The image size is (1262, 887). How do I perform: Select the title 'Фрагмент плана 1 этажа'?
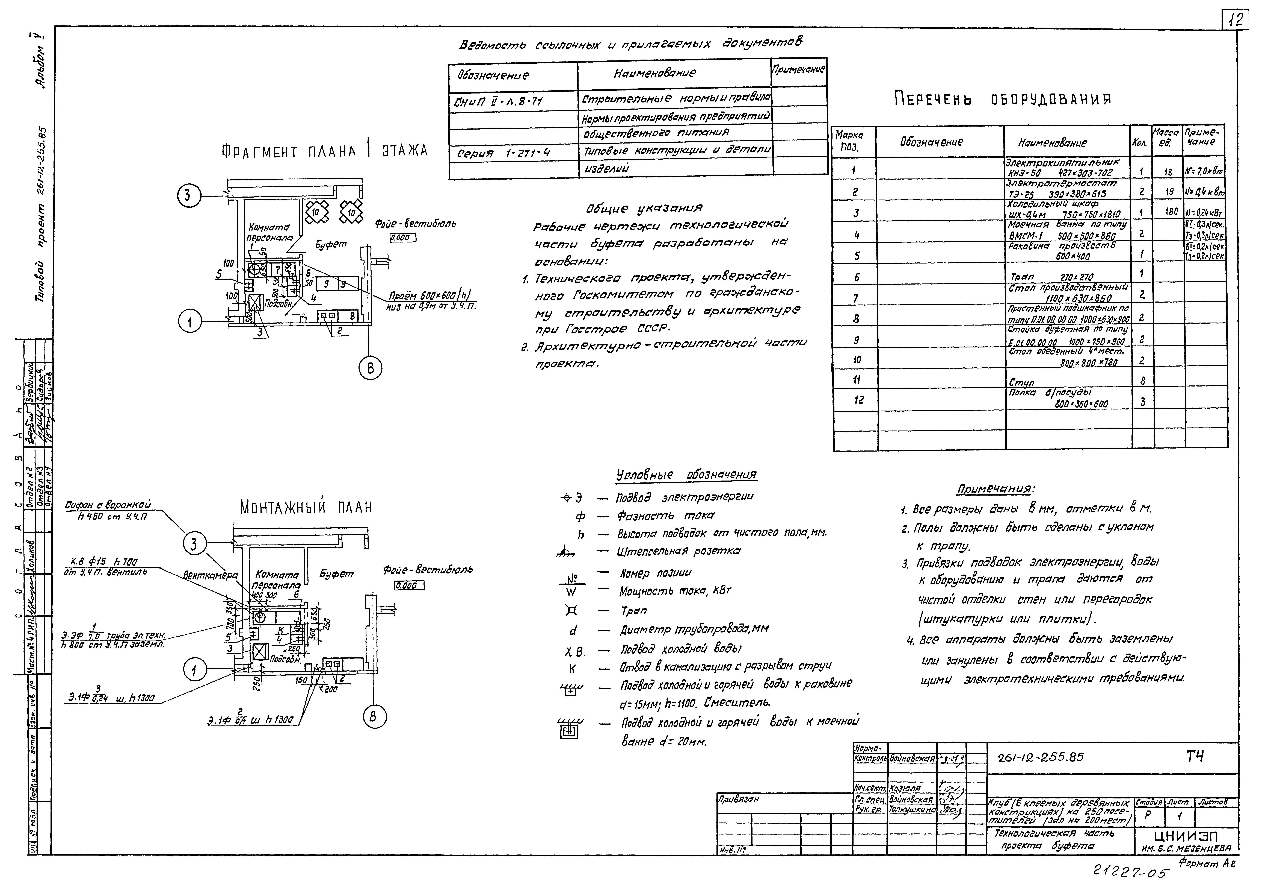click(324, 151)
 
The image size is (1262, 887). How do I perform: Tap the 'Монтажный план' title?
click(306, 507)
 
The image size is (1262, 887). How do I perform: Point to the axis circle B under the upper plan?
click(371, 368)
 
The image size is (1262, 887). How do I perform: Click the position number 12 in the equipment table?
click(859, 400)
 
